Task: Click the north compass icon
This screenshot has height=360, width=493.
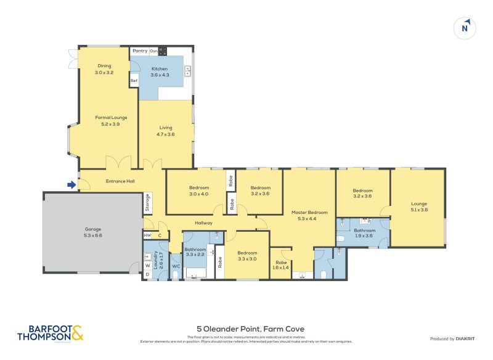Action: [x=466, y=28]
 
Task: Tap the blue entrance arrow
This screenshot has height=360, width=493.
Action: [x=72, y=184]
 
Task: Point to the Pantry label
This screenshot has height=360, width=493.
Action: [x=140, y=51]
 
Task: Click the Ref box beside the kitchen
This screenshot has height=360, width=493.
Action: [x=134, y=80]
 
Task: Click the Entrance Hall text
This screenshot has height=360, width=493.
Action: [x=120, y=181]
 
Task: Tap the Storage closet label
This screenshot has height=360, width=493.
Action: [x=147, y=203]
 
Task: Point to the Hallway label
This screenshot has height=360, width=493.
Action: [x=203, y=223]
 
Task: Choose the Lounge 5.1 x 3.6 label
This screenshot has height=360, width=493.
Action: [x=418, y=207]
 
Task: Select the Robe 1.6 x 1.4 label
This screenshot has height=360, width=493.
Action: [x=280, y=265]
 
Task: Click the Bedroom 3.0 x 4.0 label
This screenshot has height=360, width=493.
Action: [x=198, y=190]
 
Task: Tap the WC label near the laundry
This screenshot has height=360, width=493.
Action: [x=175, y=266]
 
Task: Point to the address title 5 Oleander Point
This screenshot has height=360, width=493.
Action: [x=246, y=329]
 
